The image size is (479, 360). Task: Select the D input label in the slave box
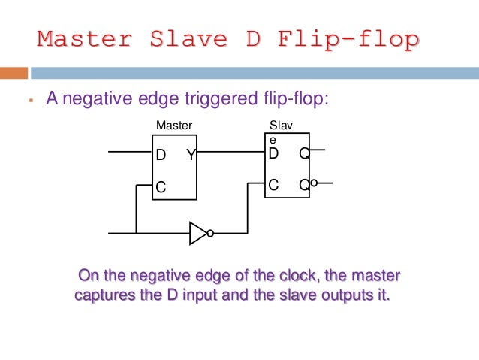pyautogui.click(x=274, y=154)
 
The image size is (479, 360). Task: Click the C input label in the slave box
pyautogui.click(x=274, y=183)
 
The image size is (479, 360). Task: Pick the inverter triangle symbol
pyautogui.click(x=197, y=233)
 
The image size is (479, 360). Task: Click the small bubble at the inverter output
pyautogui.click(x=211, y=233)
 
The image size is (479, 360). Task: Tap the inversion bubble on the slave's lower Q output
pyautogui.click(x=314, y=183)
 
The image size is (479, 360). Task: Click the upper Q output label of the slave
pyautogui.click(x=303, y=154)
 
